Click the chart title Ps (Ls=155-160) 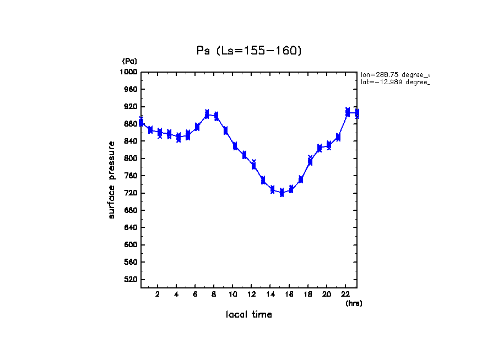pos(249,51)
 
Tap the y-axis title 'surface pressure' pos(112,180)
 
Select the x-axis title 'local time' pos(249,315)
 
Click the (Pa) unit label pos(129,61)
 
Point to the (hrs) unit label pos(354,303)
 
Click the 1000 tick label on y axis pos(129,72)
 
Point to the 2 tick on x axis pos(158,294)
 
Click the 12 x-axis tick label pos(252,294)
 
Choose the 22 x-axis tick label pos(345,294)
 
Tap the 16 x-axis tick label pos(289,294)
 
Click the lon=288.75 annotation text pos(394,74)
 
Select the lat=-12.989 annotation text pos(394,82)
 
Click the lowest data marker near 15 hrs pos(282,193)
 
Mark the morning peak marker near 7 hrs pos(207,114)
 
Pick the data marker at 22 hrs pos(348,112)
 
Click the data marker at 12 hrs pos(254,165)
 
